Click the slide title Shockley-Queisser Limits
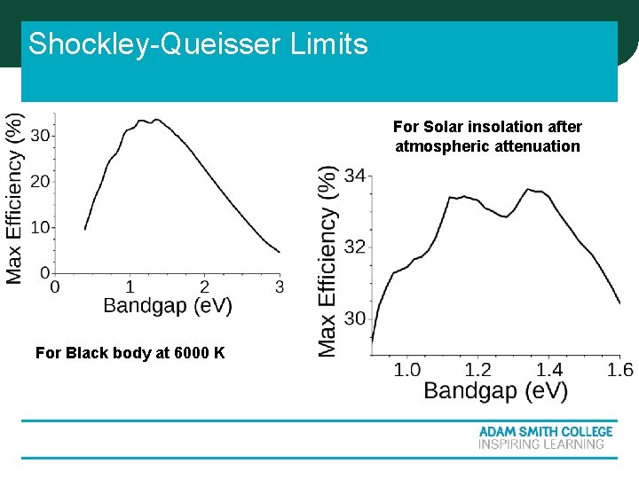pos(198,43)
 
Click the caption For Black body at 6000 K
pos(130,353)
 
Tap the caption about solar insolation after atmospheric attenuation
pos(487,137)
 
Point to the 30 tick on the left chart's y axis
pos(40,136)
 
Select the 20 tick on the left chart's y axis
pos(40,182)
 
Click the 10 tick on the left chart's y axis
pos(40,228)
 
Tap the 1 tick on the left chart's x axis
pos(130,287)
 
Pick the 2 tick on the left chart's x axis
pos(205,287)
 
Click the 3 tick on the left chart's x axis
pos(280,287)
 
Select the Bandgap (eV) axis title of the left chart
pos(168,306)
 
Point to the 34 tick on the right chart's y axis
pos(354,176)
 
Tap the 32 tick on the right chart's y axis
pos(354,247)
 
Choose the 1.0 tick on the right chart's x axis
pos(407,370)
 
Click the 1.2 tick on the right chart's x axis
pos(478,370)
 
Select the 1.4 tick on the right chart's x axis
pos(549,370)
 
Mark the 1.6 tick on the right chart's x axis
pos(619,370)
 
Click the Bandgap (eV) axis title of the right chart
pos(495,391)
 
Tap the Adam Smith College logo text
pos(546,432)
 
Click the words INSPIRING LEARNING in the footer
pos(541,444)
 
